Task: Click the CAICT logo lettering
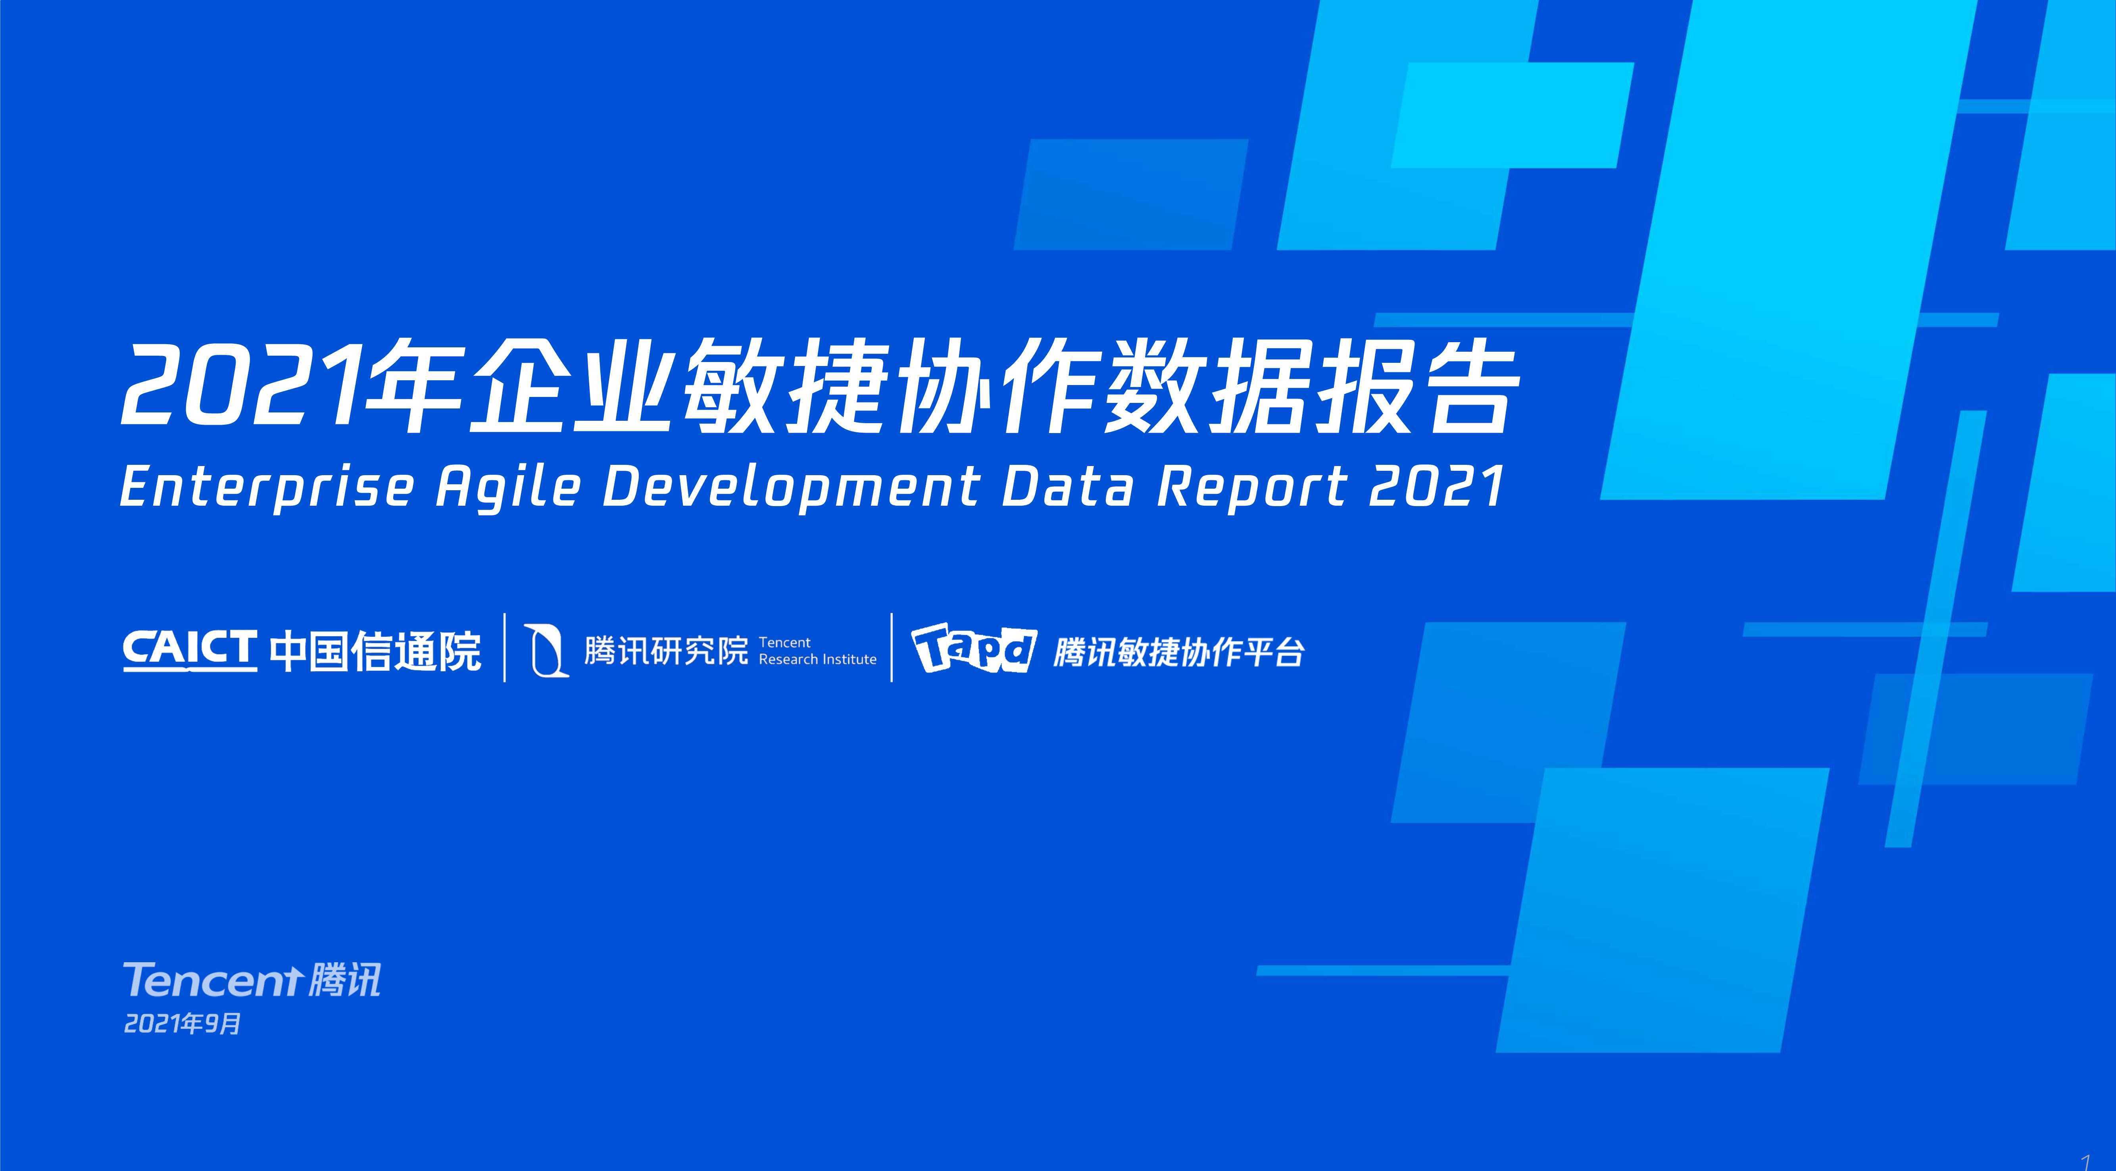[x=190, y=651]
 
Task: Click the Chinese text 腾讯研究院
[x=666, y=651]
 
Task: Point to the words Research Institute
[x=817, y=659]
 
